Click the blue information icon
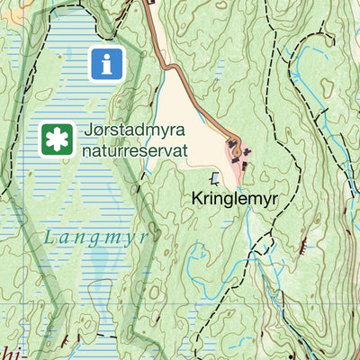pos(107,63)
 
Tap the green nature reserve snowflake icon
pos(57,139)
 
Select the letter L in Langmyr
pos(49,238)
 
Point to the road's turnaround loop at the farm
pos(236,148)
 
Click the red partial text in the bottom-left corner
pos(9,351)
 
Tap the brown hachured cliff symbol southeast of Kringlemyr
pos(307,243)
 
